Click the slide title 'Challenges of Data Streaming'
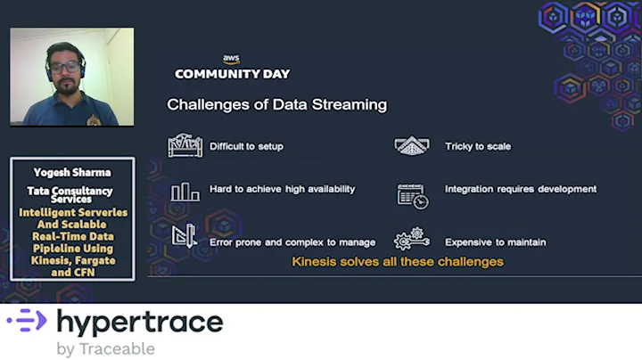click(276, 105)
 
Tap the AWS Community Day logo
click(232, 68)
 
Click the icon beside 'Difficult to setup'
click(185, 145)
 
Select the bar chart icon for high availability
click(185, 191)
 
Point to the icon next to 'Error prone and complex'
click(185, 236)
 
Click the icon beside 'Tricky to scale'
click(411, 146)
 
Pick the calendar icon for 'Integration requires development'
click(412, 195)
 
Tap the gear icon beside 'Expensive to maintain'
click(412, 240)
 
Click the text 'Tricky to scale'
click(478, 146)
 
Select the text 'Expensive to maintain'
click(495, 242)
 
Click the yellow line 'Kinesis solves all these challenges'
click(398, 262)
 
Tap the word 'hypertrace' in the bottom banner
click(140, 322)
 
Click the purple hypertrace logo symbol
click(27, 321)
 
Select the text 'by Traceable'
click(105, 348)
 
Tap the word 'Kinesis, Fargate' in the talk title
click(73, 260)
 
